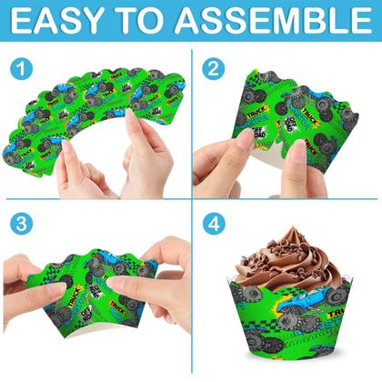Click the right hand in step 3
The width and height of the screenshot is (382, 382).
(x=168, y=273)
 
